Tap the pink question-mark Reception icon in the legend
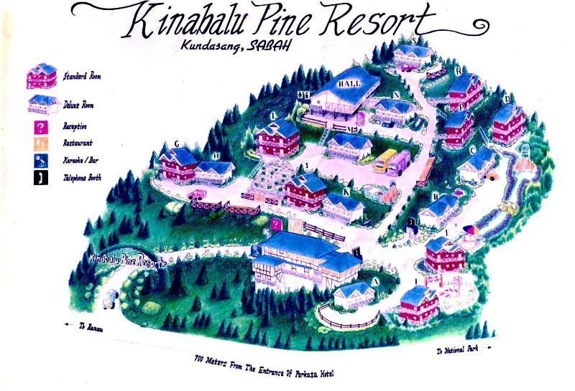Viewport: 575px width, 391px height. point(40,127)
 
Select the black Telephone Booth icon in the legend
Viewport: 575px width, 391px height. point(40,177)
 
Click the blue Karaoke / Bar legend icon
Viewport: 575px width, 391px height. point(40,161)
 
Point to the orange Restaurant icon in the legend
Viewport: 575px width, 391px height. point(40,143)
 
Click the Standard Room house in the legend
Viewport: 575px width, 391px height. point(42,76)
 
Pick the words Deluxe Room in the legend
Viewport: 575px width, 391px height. point(78,105)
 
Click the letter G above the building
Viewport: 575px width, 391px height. point(176,144)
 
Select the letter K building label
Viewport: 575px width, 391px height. point(347,192)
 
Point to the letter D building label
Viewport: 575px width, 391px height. point(507,99)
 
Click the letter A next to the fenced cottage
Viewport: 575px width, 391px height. point(375,282)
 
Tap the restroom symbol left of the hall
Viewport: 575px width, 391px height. point(304,94)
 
